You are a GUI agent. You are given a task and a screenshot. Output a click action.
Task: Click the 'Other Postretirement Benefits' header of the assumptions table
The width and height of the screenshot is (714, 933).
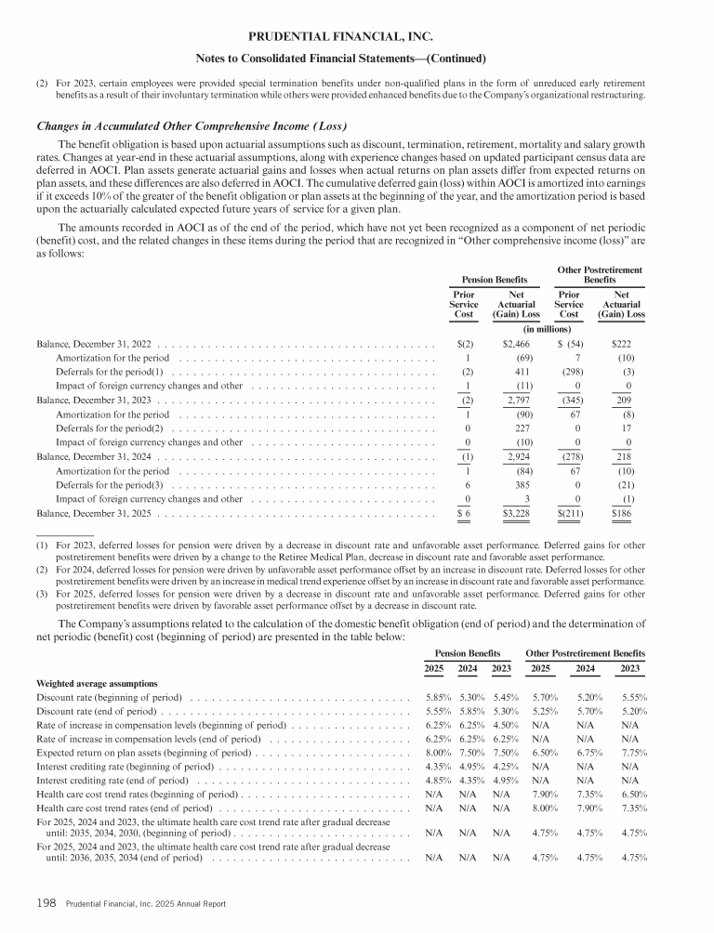(x=586, y=653)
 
